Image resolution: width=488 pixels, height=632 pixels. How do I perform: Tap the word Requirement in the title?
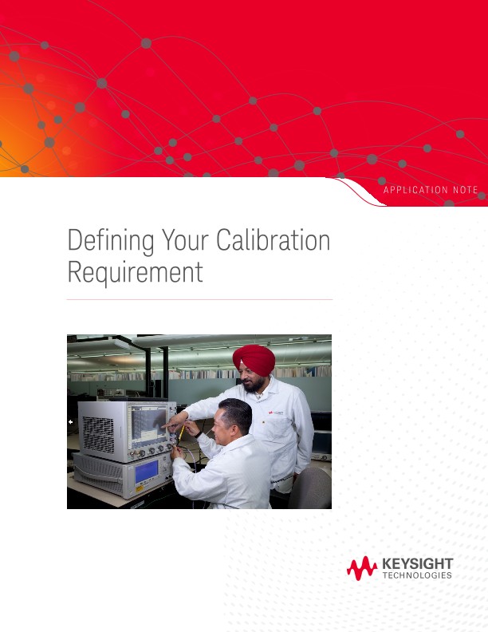tap(135, 273)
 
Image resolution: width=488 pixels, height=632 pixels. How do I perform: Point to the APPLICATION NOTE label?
tap(431, 189)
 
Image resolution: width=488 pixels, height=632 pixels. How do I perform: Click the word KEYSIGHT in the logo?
tap(417, 564)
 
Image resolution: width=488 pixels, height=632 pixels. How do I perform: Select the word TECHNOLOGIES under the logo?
tap(417, 575)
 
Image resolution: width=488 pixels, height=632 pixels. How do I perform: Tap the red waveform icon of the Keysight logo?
tap(361, 568)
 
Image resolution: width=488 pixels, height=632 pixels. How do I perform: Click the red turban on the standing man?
tap(254, 357)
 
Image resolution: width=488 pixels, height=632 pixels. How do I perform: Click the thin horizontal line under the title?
tap(199, 300)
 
